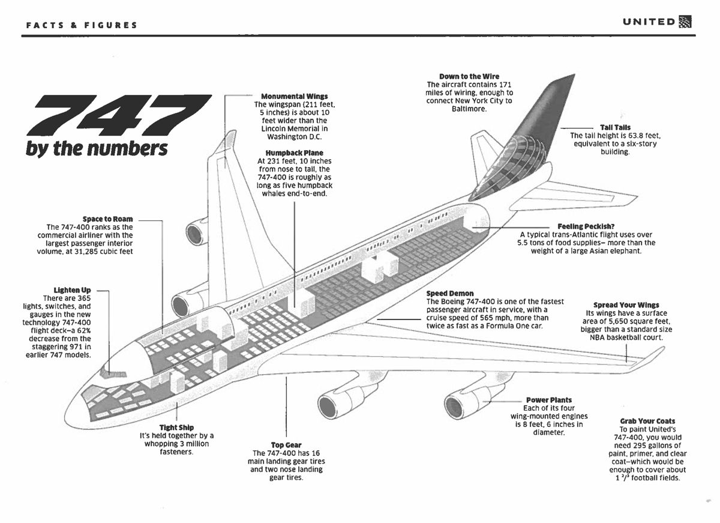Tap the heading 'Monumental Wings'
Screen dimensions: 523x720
point(294,96)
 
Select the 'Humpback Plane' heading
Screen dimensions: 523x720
point(294,153)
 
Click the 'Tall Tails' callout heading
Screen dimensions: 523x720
point(615,127)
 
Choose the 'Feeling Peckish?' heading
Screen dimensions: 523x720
point(586,226)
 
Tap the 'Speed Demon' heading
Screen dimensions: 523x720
point(449,294)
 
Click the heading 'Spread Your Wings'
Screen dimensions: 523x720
point(626,305)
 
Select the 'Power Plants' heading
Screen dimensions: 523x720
point(548,400)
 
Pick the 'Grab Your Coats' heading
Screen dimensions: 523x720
point(647,422)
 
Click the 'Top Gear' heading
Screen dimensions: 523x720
point(286,445)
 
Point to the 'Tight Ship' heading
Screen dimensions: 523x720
point(176,428)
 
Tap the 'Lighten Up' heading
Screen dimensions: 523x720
point(72,291)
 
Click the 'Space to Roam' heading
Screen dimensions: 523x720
point(107,219)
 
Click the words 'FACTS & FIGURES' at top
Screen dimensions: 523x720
point(82,25)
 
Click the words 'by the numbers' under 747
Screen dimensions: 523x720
point(96,149)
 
